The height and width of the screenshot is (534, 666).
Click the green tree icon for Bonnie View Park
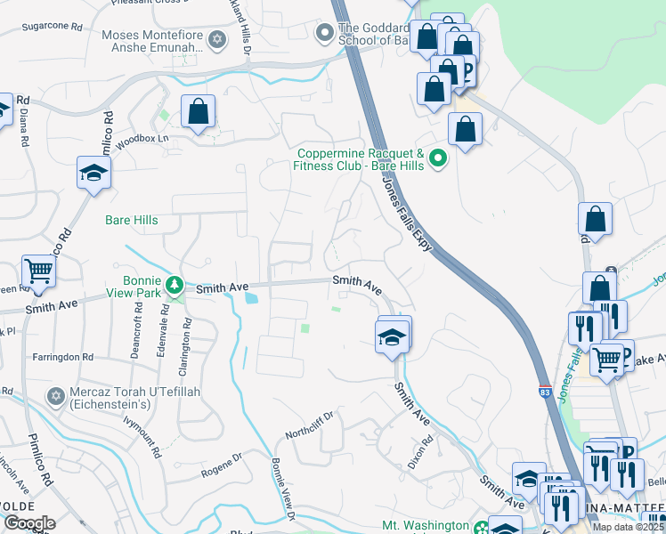(x=176, y=284)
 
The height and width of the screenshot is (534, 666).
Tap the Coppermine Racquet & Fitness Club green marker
(x=437, y=159)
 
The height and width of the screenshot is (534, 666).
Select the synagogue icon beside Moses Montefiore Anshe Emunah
(x=215, y=39)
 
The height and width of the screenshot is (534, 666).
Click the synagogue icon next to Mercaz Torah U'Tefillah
(x=54, y=395)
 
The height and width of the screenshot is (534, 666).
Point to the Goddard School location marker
(x=325, y=34)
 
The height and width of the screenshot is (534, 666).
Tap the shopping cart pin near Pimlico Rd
(x=38, y=271)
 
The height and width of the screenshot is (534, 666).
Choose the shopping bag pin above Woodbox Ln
(x=198, y=112)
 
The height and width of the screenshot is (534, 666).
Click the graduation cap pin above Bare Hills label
(x=93, y=172)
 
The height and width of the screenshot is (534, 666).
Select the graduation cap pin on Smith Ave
(x=391, y=336)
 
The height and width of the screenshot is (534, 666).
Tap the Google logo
(x=28, y=523)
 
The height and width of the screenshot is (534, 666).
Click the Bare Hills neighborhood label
(x=131, y=221)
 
